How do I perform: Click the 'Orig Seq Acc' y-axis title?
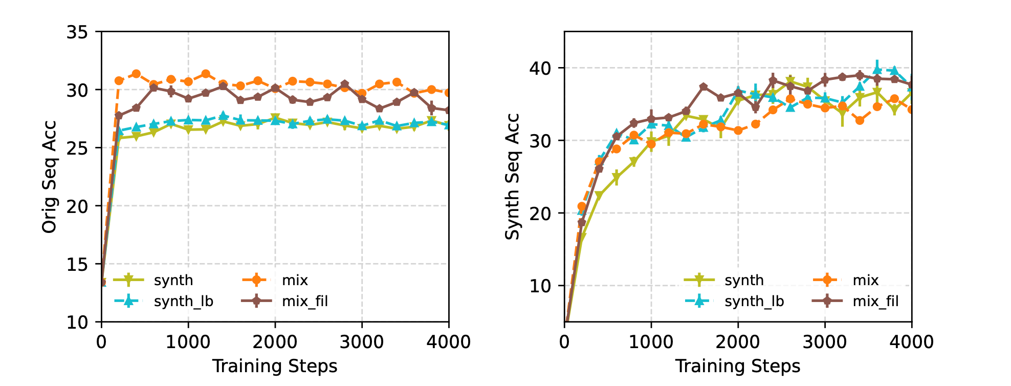(x=50, y=177)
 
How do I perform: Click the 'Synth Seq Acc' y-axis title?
(x=513, y=177)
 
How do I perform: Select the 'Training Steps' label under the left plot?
(x=275, y=367)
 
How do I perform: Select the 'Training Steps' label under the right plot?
(x=738, y=367)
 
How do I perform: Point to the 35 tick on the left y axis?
(x=77, y=32)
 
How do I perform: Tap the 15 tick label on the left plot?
(x=77, y=264)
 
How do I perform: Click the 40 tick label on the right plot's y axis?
(x=540, y=68)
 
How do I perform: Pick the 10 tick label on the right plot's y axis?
(x=540, y=286)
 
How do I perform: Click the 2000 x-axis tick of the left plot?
(x=275, y=341)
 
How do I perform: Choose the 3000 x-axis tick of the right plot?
(x=825, y=341)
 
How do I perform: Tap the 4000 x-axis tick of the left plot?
(x=449, y=341)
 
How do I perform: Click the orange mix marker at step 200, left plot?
(x=119, y=80)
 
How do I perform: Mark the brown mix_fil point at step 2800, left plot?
(x=344, y=84)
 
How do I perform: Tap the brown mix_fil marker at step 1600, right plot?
(x=704, y=87)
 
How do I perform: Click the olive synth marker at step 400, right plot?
(x=599, y=196)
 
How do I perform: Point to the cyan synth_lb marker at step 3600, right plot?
(x=877, y=70)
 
